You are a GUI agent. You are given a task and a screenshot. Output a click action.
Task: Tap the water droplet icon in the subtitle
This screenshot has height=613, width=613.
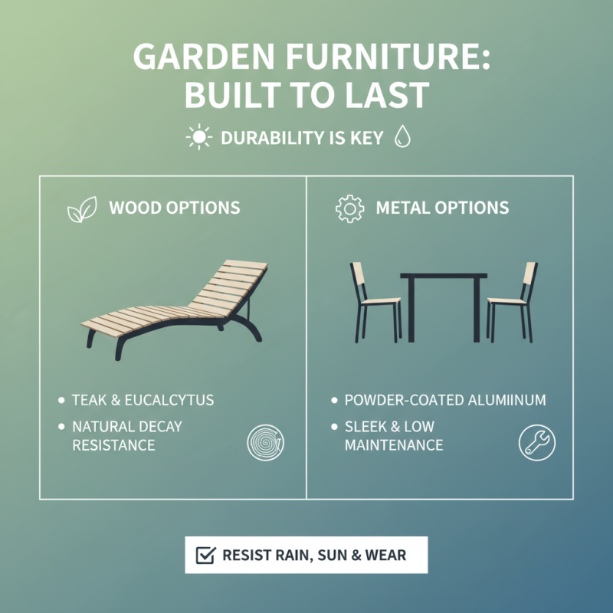(402, 138)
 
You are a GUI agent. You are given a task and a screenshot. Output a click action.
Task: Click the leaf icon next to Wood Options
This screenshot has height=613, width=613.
(82, 209)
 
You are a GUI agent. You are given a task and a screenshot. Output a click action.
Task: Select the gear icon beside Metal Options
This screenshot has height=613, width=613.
(349, 208)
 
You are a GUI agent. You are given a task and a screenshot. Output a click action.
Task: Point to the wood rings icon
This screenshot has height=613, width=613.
(266, 442)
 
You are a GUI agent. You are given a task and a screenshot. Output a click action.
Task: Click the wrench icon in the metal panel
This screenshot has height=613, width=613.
(536, 442)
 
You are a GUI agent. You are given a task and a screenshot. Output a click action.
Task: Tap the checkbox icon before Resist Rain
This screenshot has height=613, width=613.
(205, 555)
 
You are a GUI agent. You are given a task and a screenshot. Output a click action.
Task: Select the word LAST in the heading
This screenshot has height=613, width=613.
(387, 96)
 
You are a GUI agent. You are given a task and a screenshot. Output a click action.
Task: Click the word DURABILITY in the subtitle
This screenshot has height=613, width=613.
(271, 139)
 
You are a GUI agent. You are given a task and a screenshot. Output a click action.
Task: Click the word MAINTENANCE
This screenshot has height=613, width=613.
(394, 445)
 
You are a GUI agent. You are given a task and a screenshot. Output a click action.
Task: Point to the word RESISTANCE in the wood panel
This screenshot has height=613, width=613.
(113, 445)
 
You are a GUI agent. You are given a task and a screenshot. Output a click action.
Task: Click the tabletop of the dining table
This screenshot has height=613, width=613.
(444, 276)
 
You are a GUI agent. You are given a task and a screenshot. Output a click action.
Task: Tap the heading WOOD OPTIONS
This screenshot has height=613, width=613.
(174, 208)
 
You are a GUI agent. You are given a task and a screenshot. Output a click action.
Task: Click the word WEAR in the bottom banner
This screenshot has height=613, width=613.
(386, 555)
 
